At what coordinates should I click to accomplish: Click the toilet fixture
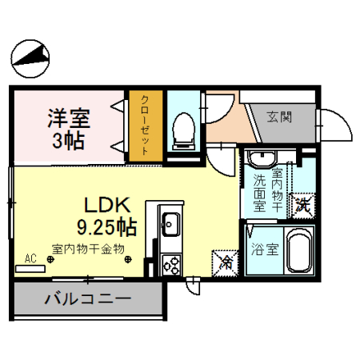185,128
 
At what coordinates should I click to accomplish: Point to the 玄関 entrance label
279,117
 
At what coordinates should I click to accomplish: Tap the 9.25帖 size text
106,226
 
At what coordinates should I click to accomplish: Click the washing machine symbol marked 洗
302,204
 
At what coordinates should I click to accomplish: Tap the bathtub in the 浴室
300,250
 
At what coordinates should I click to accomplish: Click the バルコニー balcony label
88,302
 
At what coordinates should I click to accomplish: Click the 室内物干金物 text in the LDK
90,249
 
